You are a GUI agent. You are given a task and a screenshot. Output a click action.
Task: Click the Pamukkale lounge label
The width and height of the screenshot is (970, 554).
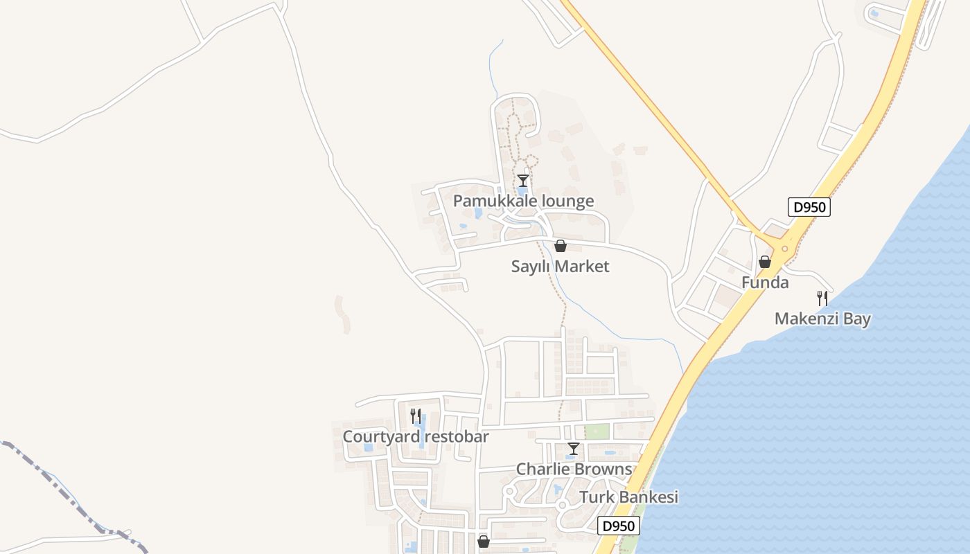pos(523,202)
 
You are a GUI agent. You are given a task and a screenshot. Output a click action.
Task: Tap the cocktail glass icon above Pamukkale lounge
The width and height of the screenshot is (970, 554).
pos(523,181)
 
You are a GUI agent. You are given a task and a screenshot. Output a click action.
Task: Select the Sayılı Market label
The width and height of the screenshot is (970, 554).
pos(560,267)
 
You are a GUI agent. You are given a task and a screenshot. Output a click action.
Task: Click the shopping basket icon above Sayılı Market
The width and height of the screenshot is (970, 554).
pos(560,246)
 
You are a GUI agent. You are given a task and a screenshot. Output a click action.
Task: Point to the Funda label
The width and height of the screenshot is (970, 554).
pos(765,283)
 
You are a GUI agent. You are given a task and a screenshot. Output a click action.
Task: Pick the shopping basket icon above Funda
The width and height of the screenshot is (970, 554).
pos(764,262)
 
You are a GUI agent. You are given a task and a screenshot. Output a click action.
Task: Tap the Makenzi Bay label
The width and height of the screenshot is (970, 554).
pos(822,319)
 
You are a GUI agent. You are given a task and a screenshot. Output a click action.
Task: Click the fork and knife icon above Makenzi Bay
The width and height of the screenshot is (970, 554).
pos(822,298)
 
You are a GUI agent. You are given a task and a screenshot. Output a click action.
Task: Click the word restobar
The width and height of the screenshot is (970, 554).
pos(457,437)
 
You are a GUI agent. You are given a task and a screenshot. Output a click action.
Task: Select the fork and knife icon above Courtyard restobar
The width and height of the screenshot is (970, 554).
pos(416,416)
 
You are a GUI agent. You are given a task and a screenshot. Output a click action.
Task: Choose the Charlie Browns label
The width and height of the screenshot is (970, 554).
pos(574,470)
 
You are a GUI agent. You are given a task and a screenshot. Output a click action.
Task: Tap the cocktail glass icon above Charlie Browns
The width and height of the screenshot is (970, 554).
pos(573,449)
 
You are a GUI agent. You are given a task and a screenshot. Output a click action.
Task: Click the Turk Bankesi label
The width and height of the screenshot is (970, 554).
pos(628,497)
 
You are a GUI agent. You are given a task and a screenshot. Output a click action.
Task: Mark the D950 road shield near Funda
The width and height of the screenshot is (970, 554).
pos(809,207)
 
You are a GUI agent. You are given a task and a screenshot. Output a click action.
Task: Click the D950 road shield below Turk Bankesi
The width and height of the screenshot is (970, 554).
pos(618,526)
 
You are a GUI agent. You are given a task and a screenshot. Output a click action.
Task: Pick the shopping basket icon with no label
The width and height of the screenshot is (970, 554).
pos(484,542)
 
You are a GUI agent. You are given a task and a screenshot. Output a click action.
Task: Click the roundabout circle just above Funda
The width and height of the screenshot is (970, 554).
pos(785,249)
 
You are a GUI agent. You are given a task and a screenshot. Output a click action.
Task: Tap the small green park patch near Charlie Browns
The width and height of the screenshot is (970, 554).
pos(597,431)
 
